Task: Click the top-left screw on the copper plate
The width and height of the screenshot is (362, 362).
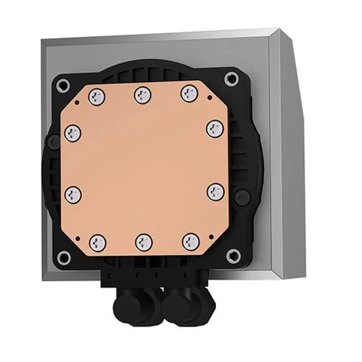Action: (x=96, y=96)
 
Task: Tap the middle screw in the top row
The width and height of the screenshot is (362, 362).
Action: (x=142, y=95)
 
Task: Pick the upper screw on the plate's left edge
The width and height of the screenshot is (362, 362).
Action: (x=72, y=133)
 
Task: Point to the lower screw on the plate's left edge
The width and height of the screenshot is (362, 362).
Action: (x=72, y=194)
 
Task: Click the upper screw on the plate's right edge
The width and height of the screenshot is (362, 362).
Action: (x=214, y=128)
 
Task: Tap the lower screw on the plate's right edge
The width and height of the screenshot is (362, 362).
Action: (x=215, y=191)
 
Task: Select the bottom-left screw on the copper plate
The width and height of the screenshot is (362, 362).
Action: (x=98, y=242)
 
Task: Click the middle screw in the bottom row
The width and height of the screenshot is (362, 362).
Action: (x=143, y=241)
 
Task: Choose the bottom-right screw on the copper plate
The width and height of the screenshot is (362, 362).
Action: (x=189, y=240)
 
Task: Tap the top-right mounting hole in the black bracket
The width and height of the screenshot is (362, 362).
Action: (x=231, y=79)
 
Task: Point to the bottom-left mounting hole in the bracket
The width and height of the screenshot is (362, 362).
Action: (x=64, y=255)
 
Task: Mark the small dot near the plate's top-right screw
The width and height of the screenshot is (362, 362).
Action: (x=208, y=97)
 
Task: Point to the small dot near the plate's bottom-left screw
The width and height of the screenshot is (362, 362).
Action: (x=78, y=237)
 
